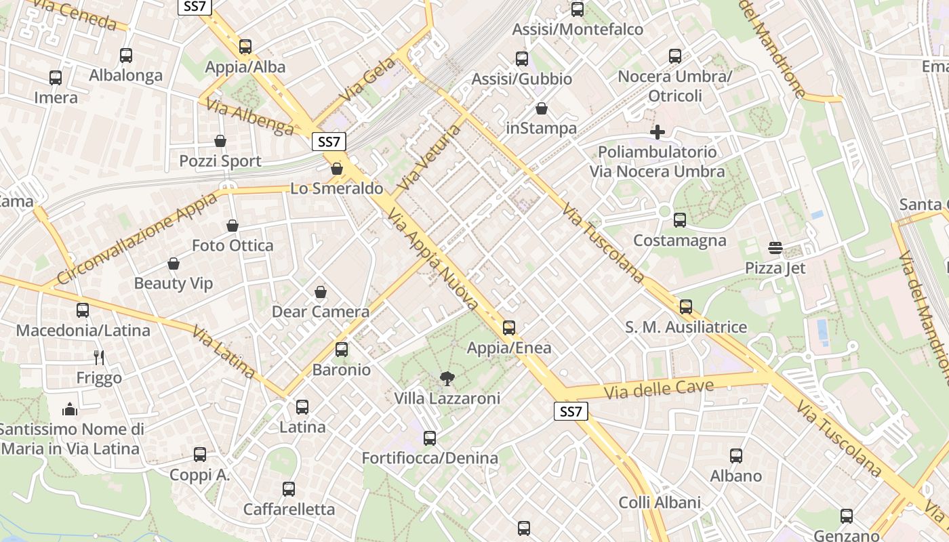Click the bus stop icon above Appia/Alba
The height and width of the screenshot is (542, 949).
[x=245, y=47]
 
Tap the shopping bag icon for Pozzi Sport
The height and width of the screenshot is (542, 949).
[x=220, y=141]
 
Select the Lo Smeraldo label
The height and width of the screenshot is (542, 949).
[x=337, y=188]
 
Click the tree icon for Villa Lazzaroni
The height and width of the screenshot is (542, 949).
[x=447, y=378]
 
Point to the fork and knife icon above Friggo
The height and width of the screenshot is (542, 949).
[x=99, y=357]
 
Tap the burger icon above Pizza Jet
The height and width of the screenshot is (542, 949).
[x=775, y=248]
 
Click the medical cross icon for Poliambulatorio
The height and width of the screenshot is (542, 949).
[x=658, y=132]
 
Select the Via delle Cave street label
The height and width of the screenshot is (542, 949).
[x=659, y=390]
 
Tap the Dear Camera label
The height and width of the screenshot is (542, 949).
[x=321, y=312]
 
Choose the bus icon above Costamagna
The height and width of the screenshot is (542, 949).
[x=680, y=220]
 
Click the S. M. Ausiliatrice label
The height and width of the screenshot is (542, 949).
[x=686, y=327]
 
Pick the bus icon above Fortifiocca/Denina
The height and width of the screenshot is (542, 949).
[x=430, y=438]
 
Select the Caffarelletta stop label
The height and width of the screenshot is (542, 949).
[x=289, y=509]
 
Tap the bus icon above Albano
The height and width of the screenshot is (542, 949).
[x=736, y=456]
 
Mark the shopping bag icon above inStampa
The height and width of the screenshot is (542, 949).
[x=542, y=108]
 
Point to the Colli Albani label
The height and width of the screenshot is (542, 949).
[x=660, y=503]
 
